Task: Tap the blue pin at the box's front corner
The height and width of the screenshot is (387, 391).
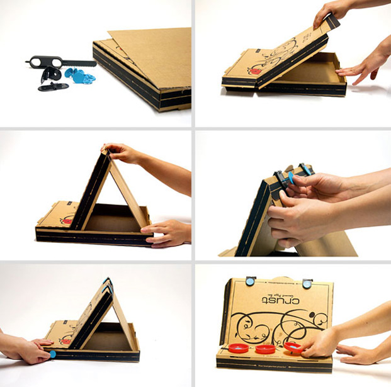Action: [x=51, y=355]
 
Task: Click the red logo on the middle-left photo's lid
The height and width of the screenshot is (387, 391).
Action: [x=64, y=221]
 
